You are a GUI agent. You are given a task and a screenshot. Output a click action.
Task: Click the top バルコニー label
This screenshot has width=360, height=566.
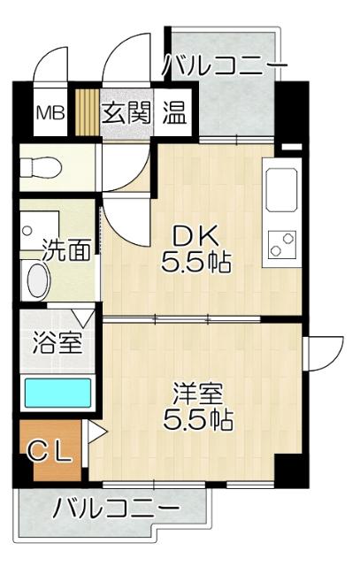(x=226, y=66)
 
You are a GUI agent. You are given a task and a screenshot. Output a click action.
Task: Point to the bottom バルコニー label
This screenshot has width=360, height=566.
(x=115, y=509)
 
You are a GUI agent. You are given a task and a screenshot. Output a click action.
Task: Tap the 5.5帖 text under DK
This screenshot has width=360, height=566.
(x=196, y=262)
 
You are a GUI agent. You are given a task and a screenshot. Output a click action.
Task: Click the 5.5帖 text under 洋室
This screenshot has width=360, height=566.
(x=197, y=418)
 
